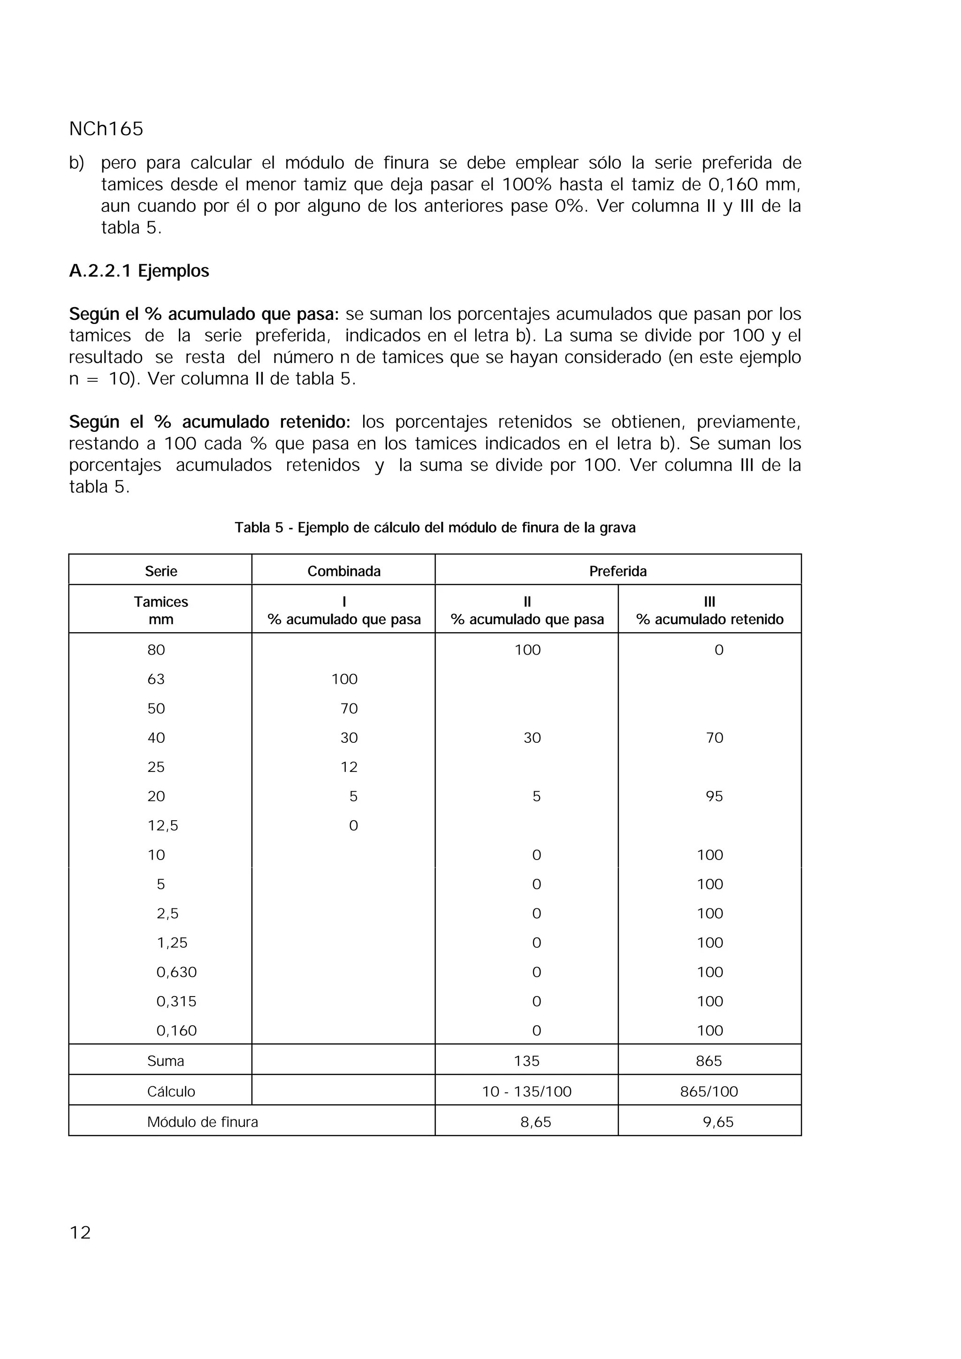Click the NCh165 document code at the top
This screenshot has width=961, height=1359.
point(106,129)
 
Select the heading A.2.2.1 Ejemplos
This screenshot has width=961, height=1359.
point(139,271)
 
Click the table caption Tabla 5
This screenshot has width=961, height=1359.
point(435,528)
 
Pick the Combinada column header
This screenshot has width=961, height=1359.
point(343,571)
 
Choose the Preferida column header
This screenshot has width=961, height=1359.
point(618,571)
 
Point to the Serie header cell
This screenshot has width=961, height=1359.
point(161,571)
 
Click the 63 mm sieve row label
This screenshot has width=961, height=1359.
point(156,679)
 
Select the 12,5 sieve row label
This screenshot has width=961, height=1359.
point(163,825)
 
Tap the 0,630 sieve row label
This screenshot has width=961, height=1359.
point(176,972)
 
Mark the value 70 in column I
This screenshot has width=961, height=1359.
point(349,709)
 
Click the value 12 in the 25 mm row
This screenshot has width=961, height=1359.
point(349,767)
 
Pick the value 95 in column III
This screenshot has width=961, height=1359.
point(714,796)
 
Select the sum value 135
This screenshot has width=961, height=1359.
point(526,1061)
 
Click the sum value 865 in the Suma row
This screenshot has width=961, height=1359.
point(709,1061)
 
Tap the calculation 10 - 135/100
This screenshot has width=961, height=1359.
point(526,1091)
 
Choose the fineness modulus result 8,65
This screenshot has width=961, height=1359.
point(535,1122)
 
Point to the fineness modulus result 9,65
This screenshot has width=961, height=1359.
point(717,1122)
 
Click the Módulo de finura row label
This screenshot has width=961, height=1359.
point(203,1122)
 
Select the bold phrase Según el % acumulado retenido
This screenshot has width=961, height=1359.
point(210,422)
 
